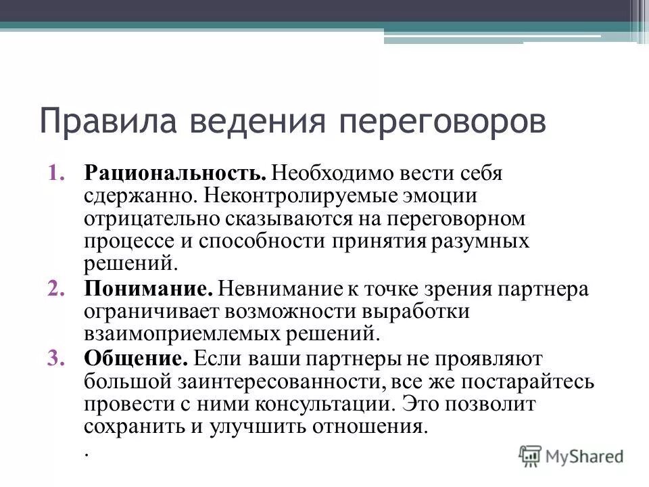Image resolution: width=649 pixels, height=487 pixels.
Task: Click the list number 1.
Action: (57, 172)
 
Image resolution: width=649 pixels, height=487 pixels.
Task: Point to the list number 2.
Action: (57, 289)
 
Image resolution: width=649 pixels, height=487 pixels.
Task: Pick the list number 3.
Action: (57, 358)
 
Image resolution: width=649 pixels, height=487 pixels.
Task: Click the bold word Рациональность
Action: (176, 172)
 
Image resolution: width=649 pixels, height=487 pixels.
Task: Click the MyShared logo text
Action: (585, 456)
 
